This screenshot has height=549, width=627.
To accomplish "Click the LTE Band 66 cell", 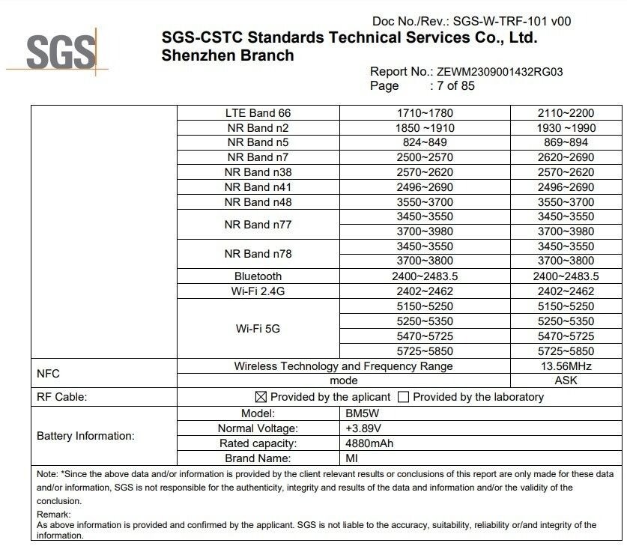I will point(258,113).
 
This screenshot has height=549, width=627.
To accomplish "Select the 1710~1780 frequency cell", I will point(425,113).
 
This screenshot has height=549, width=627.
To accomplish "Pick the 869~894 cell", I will point(566,142).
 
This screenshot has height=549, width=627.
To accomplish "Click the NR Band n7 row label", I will point(258,157).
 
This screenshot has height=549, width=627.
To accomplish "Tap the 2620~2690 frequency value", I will point(566,157).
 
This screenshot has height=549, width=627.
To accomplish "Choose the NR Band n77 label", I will point(258,224).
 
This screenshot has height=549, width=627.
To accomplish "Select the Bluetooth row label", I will point(258,276).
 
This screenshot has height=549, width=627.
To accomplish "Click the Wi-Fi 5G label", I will point(258,328).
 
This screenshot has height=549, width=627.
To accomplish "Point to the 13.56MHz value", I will point(566,366).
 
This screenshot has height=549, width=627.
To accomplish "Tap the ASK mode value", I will point(566,380).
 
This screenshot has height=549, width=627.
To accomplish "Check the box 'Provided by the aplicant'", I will point(261,397).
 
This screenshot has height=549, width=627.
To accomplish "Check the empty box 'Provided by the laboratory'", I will point(404,397).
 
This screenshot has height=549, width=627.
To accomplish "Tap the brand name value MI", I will point(351,458).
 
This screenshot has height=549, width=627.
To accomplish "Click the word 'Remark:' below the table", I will point(54,515).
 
